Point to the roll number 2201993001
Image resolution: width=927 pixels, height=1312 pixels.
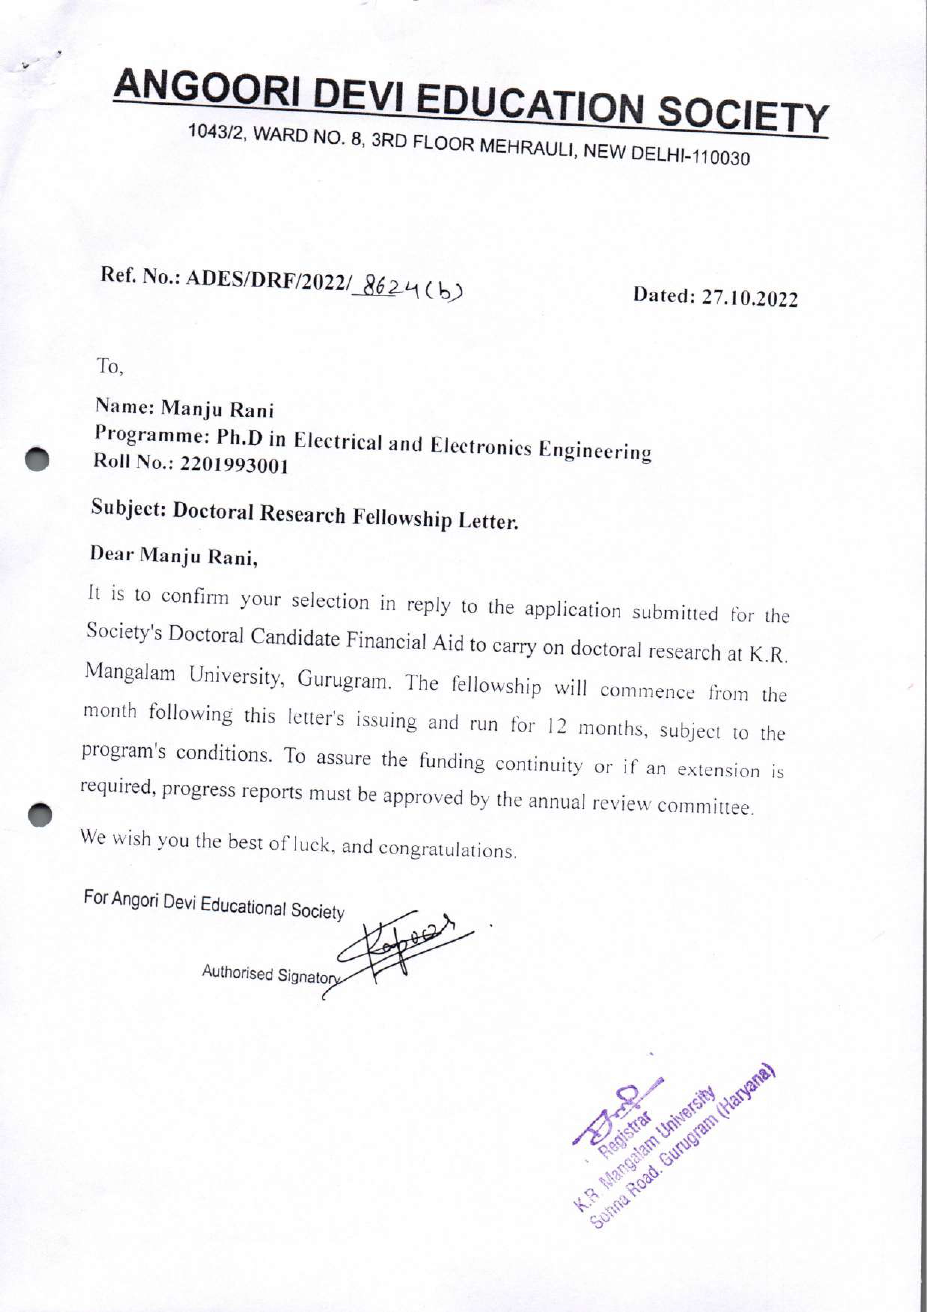(x=234, y=466)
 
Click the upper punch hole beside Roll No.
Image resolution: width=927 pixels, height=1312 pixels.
(x=38, y=458)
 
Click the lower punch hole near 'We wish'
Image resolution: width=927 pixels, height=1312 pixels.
(x=40, y=815)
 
